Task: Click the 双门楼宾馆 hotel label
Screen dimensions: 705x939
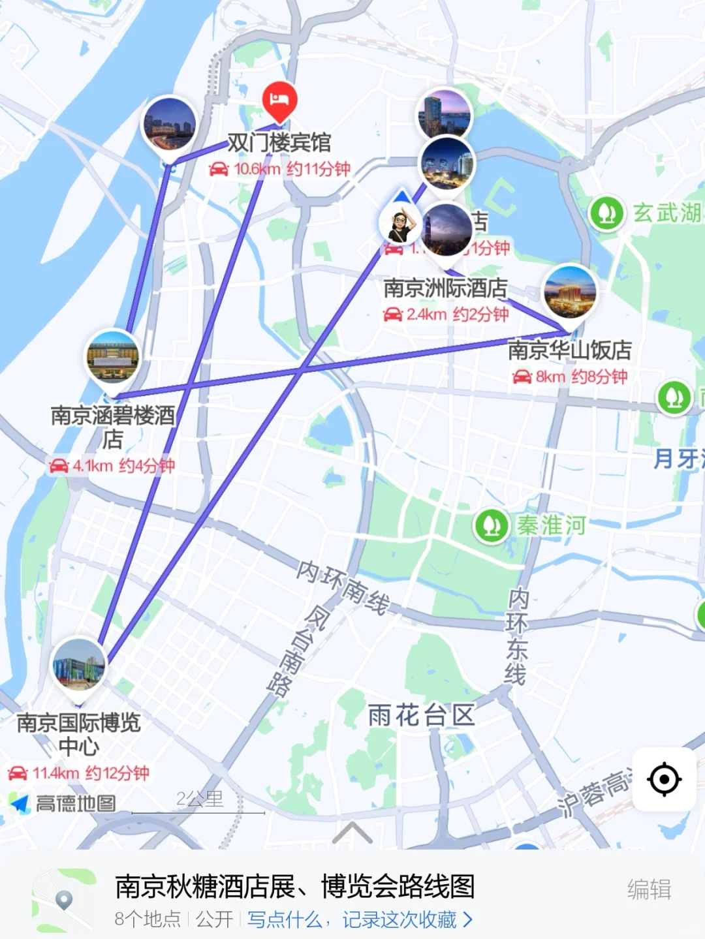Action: click(x=279, y=142)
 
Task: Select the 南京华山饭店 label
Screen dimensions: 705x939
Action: click(x=570, y=350)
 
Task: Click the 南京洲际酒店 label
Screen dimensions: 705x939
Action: click(x=445, y=288)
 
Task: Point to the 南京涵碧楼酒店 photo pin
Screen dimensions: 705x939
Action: click(x=113, y=358)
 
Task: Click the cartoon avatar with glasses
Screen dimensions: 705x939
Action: click(x=400, y=223)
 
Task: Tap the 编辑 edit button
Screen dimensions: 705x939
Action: click(x=649, y=889)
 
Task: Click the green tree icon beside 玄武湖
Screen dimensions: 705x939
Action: click(x=607, y=213)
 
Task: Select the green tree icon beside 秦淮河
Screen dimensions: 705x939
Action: click(x=492, y=526)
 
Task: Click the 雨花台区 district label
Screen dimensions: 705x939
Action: click(x=422, y=715)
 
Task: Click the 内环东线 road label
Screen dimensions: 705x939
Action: click(x=516, y=636)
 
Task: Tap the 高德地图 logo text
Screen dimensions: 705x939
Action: click(x=75, y=803)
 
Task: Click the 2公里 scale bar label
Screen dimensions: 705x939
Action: click(x=199, y=799)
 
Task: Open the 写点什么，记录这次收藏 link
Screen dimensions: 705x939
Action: click(x=359, y=919)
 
